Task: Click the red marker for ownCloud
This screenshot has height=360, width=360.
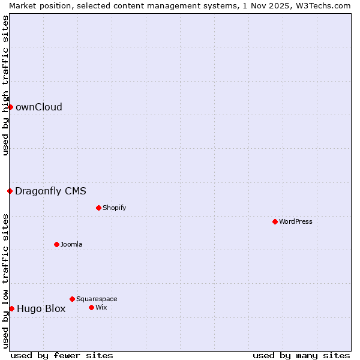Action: click(10, 107)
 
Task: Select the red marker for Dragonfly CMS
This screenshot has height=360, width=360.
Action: click(10, 191)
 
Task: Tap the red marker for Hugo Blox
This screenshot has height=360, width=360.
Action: click(11, 308)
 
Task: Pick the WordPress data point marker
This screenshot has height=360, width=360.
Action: click(275, 221)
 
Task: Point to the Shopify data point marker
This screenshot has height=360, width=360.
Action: click(98, 208)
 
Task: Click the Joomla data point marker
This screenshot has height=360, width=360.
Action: click(56, 244)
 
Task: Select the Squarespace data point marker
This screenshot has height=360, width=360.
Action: click(72, 299)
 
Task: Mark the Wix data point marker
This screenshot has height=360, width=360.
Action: click(91, 307)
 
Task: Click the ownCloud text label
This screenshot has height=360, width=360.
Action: click(39, 107)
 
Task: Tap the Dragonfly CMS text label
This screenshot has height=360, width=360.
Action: click(51, 191)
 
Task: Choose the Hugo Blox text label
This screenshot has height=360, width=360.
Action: click(41, 309)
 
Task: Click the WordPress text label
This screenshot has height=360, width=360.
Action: click(296, 221)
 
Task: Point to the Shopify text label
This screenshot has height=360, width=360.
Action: click(115, 208)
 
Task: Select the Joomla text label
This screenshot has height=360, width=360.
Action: click(71, 244)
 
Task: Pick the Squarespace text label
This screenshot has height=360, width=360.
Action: click(97, 299)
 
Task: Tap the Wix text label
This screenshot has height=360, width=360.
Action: click(101, 307)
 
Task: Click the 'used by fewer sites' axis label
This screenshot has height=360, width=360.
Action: click(62, 355)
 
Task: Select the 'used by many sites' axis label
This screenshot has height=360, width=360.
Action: click(301, 355)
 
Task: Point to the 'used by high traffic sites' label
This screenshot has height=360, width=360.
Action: click(5, 85)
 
